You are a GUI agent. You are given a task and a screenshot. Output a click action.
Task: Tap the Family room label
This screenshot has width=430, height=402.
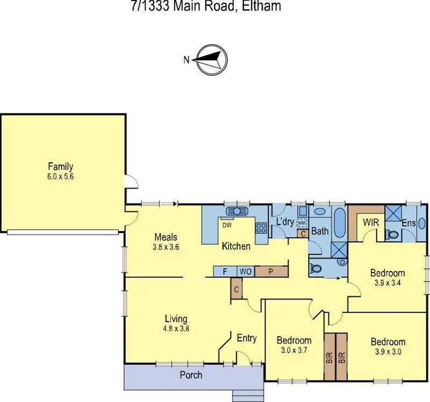pos(60,167)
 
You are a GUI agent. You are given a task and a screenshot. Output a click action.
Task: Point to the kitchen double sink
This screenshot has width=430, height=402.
pos(234,211)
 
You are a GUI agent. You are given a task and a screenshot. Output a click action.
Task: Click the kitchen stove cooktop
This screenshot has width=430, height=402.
pos(261,228)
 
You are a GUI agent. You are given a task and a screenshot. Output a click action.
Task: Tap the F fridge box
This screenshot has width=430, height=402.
pos(224,271)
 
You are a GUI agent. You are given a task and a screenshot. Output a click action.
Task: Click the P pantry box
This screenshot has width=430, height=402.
pos(271,271)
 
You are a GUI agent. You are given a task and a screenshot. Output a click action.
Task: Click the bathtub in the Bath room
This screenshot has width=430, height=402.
pos(340,222)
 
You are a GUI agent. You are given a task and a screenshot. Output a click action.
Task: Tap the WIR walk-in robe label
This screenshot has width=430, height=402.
pos(371,222)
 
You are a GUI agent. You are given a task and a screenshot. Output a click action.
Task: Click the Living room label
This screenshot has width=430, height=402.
pos(160,318)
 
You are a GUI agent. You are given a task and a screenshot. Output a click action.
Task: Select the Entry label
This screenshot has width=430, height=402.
pos(246,338)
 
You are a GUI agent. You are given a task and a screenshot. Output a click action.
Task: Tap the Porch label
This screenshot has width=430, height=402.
pos(191,374)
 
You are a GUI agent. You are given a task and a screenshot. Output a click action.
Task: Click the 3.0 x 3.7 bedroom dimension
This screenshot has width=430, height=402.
pos(293,350)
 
